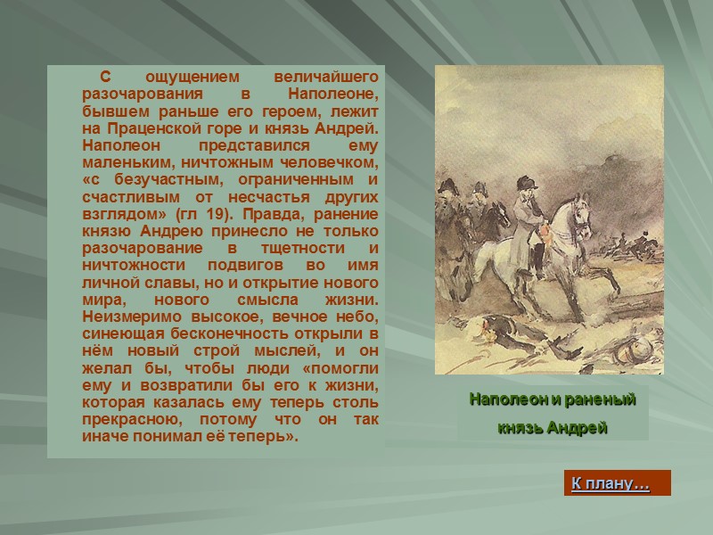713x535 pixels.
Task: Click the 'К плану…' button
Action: click(x=610, y=484)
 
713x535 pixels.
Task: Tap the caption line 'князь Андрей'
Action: click(x=552, y=427)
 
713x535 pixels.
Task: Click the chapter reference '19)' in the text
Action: click(x=228, y=214)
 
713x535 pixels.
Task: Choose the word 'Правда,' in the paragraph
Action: click(x=270, y=214)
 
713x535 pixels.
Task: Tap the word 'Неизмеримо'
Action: click(x=128, y=317)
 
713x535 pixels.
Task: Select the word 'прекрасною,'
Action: click(x=128, y=420)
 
